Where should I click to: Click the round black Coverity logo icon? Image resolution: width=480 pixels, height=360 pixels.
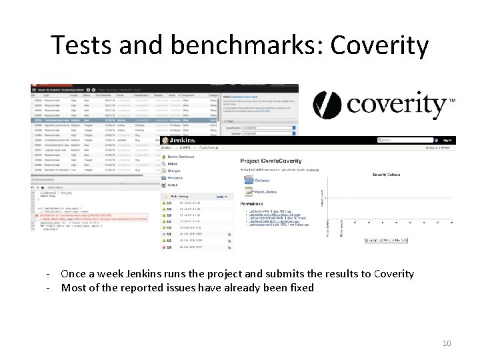click(x=327, y=105)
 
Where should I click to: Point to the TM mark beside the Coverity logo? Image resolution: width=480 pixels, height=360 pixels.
click(x=453, y=100)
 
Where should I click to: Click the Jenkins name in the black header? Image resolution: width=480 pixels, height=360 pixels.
click(x=183, y=141)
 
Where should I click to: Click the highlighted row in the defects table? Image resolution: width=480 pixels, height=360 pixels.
click(x=127, y=120)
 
